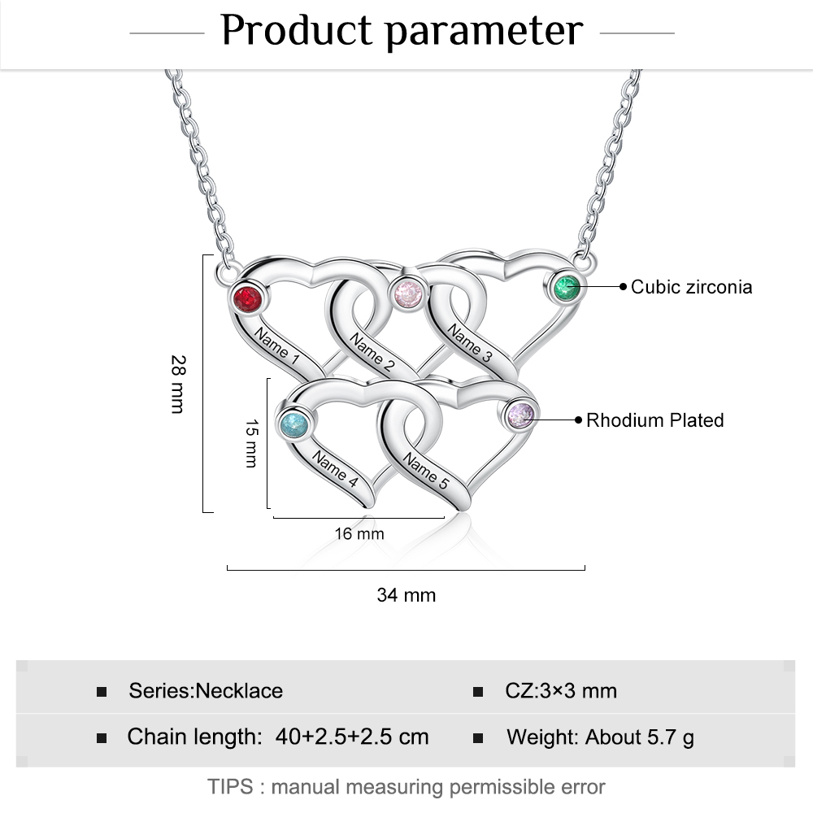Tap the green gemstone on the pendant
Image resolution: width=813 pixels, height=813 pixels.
click(566, 286)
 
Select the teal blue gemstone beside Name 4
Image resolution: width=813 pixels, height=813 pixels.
click(293, 425)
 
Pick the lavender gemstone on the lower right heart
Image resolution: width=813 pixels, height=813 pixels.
click(520, 415)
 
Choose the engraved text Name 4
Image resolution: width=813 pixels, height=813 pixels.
click(335, 470)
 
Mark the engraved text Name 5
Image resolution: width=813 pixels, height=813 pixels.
click(426, 472)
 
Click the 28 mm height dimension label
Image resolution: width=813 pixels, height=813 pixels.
click(178, 384)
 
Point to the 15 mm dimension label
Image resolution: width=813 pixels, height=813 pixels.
click(251, 443)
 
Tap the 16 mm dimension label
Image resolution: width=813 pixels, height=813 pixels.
click(359, 534)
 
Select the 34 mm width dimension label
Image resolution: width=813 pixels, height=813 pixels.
click(406, 595)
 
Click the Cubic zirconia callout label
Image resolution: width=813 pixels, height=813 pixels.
click(691, 286)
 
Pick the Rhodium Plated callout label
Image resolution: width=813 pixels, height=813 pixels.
click(654, 420)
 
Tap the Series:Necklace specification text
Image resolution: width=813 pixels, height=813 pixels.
click(206, 691)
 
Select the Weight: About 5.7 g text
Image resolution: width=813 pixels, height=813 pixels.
click(600, 737)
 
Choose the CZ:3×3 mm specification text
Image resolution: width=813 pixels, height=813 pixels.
click(561, 691)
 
